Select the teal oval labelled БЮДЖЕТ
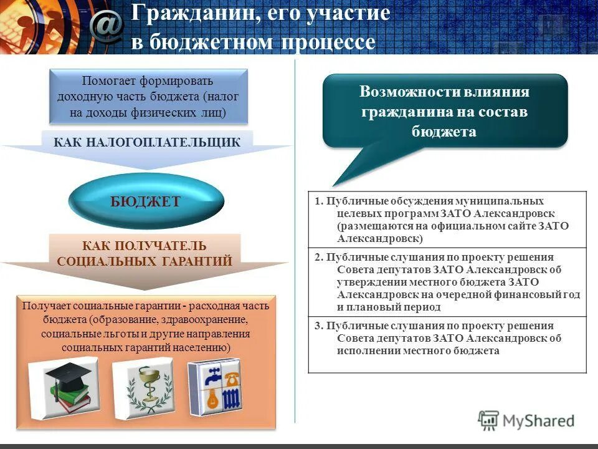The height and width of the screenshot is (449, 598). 145,201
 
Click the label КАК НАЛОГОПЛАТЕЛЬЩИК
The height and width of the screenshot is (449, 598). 147,142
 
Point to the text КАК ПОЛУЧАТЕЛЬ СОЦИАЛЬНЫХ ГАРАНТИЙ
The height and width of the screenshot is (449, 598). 145,254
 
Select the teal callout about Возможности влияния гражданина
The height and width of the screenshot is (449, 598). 445,112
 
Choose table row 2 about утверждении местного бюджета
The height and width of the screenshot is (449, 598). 447,282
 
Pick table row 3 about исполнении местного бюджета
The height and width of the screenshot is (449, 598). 447,339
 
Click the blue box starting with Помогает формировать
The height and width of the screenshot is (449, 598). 148,97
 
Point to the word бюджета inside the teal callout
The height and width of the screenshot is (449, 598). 444,131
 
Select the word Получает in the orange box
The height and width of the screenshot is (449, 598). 46,306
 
